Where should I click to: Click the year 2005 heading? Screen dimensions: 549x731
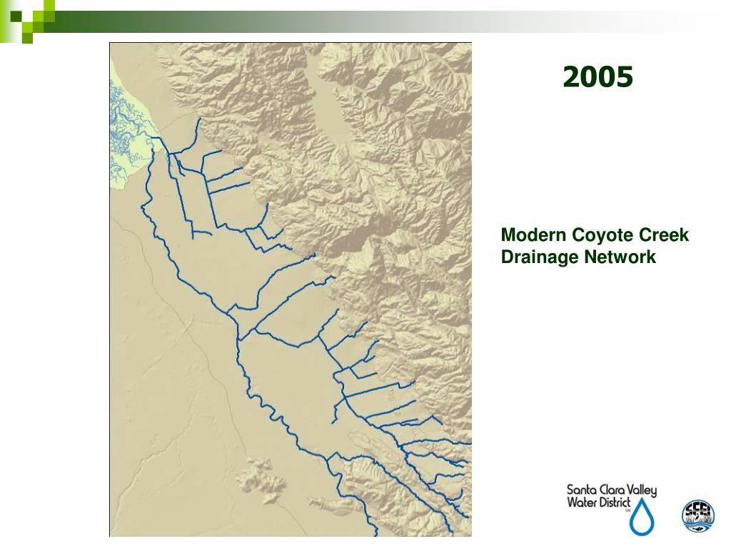point(598,76)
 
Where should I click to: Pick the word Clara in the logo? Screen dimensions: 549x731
point(610,491)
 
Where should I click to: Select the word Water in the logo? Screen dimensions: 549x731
point(582,503)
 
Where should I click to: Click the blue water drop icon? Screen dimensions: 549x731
point(641,518)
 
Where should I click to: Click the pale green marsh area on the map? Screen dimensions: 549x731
point(132,136)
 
